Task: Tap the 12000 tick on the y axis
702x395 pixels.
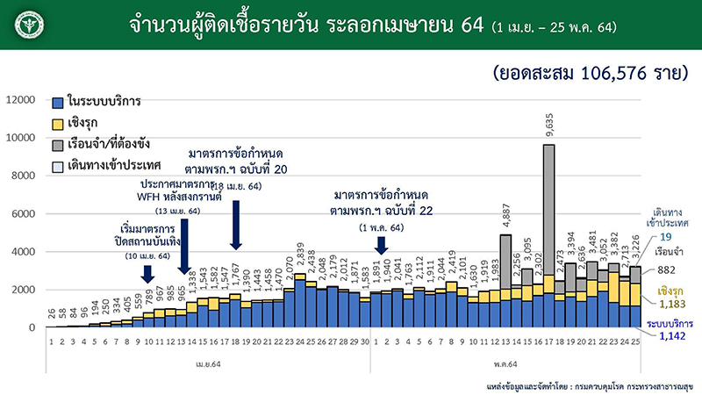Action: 23,100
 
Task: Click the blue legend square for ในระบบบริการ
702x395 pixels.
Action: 58,103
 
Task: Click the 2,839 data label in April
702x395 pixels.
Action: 300,259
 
